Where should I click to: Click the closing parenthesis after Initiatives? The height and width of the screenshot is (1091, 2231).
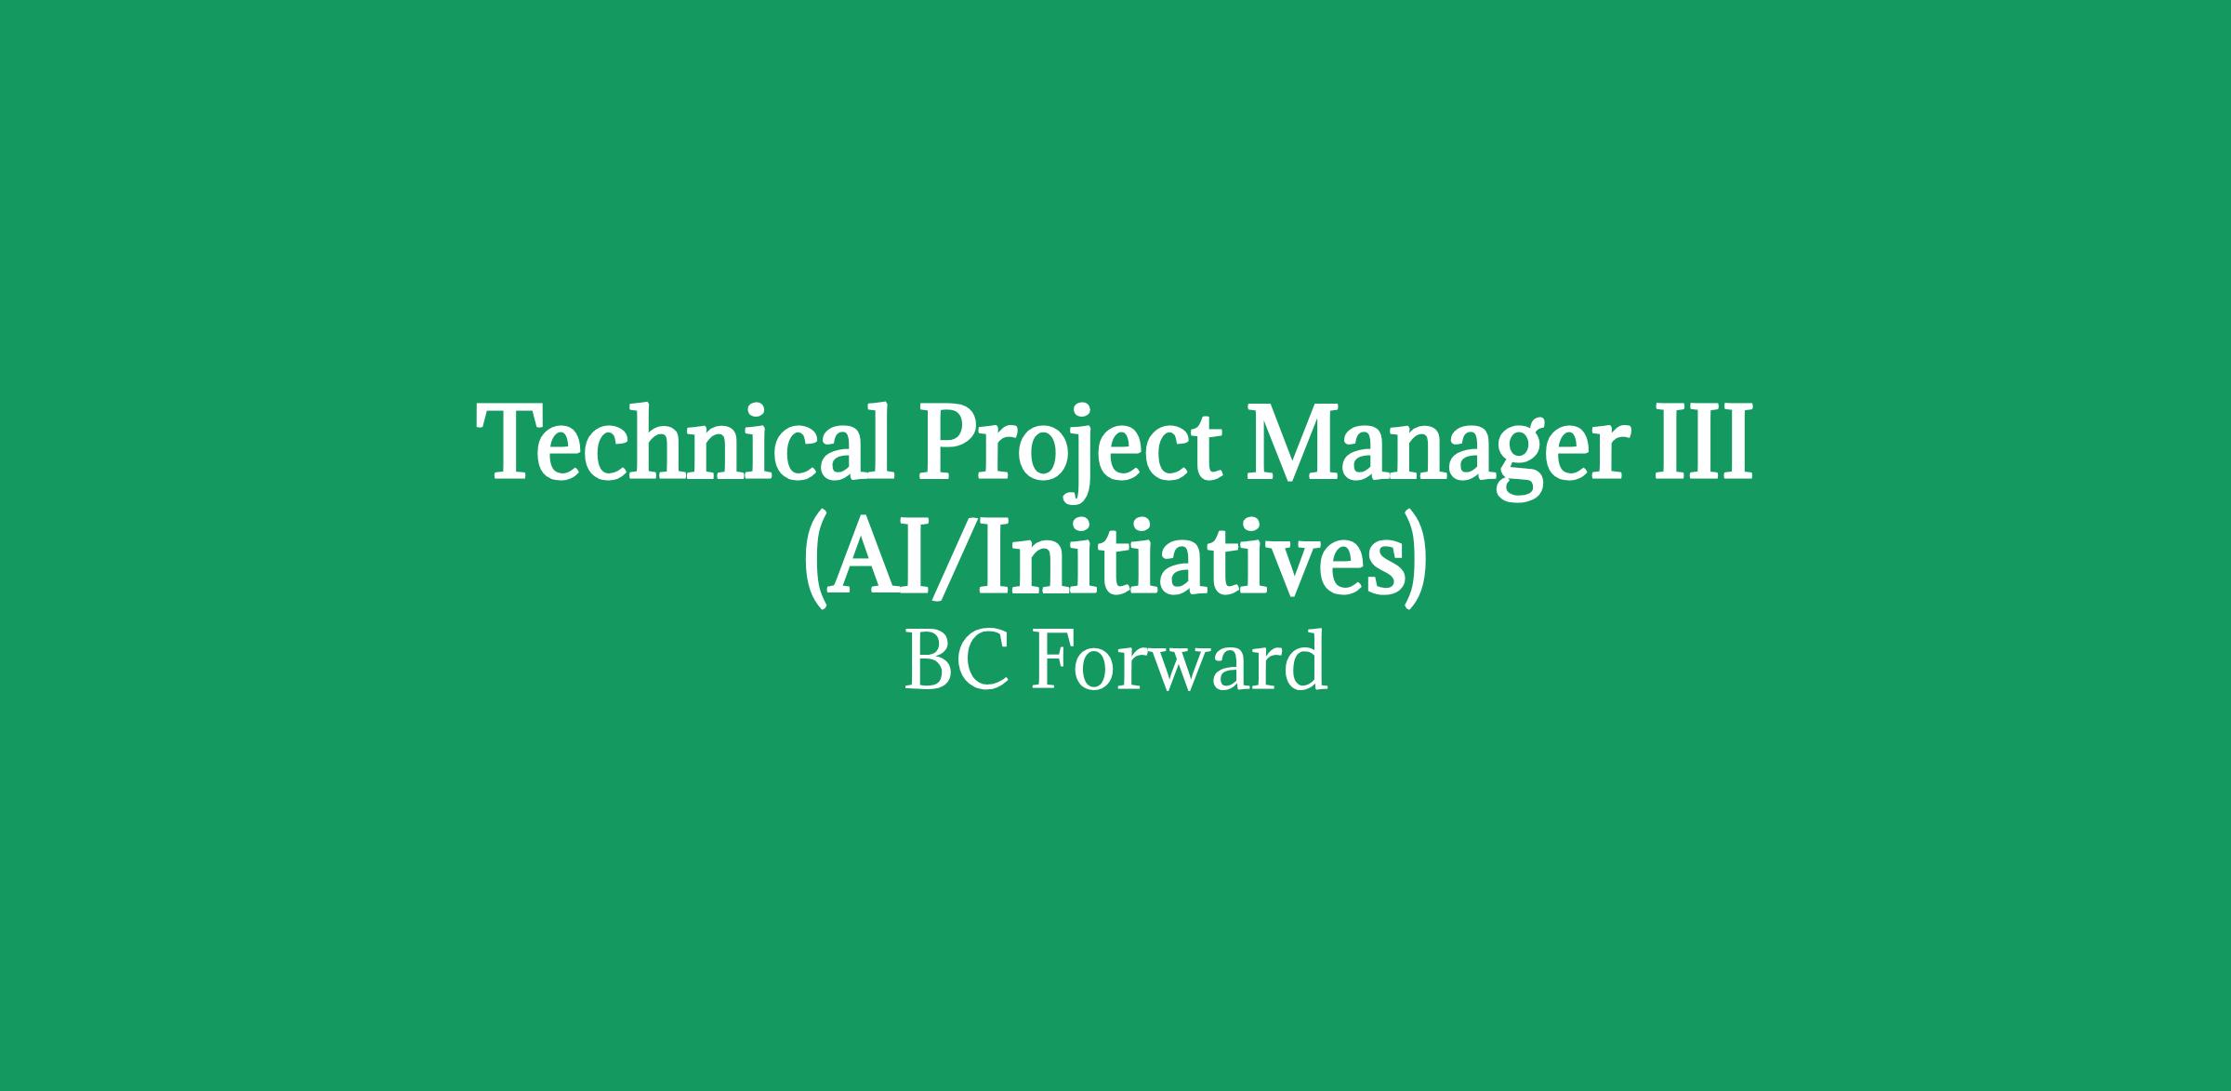[1414, 558]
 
